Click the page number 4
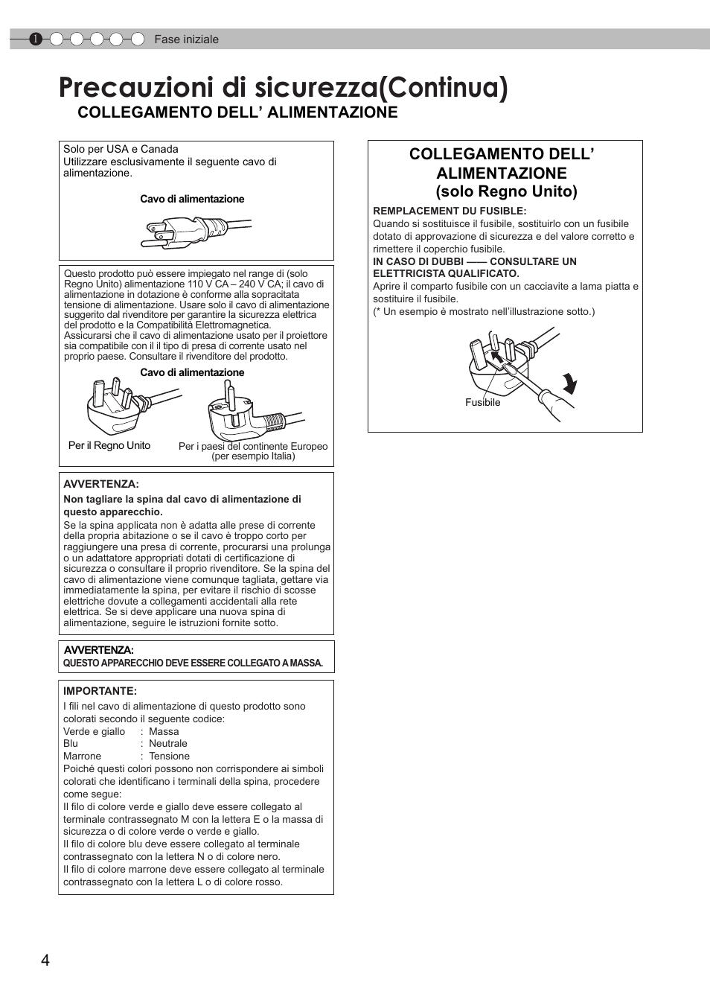pyautogui.click(x=45, y=960)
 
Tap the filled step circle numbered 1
pyautogui.click(x=36, y=39)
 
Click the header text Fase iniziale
pyautogui.click(x=186, y=39)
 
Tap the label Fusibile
pyautogui.click(x=482, y=403)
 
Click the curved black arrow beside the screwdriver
pyautogui.click(x=569, y=383)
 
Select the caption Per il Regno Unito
pyautogui.click(x=109, y=445)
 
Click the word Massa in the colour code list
pyautogui.click(x=164, y=731)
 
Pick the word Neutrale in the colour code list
pyautogui.click(x=168, y=743)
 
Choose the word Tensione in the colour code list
pyautogui.click(x=169, y=756)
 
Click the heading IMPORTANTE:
pyautogui.click(x=100, y=691)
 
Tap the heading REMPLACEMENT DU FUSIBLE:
pyautogui.click(x=450, y=211)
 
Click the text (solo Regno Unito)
pyautogui.click(x=506, y=191)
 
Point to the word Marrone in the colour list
pyautogui.click(x=82, y=756)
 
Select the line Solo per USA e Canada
pyautogui.click(x=121, y=149)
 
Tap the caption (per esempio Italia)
pyautogui.click(x=253, y=456)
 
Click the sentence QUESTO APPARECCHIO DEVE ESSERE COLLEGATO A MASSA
pyautogui.click(x=193, y=663)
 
